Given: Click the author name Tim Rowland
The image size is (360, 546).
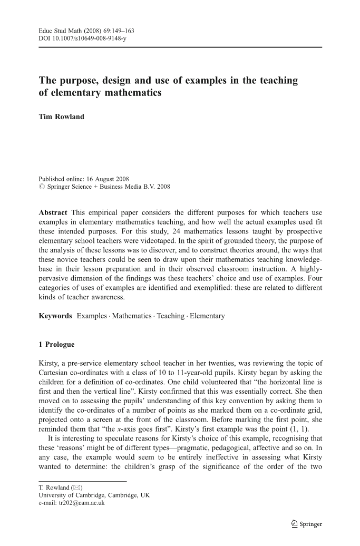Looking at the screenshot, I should point(61,116).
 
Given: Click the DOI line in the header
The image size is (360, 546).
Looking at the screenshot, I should point(83,39).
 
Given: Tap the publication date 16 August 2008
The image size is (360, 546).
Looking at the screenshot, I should point(113,178).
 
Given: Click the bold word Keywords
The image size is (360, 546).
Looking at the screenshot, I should point(56,316).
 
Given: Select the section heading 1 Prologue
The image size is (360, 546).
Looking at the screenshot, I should point(57,345).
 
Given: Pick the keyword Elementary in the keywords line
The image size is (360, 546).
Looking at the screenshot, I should point(207,316).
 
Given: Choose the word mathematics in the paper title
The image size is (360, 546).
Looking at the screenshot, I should point(131,94).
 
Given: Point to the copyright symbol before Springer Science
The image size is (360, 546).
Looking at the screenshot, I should point(42,187).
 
